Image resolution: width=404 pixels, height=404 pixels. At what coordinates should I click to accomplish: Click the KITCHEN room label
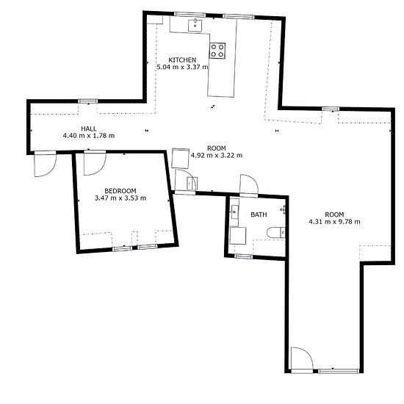182,60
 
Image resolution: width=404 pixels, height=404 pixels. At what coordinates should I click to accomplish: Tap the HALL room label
89,129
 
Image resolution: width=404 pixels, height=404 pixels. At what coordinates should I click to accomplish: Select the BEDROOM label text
120,191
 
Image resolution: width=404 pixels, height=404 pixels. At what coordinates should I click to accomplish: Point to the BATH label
259,214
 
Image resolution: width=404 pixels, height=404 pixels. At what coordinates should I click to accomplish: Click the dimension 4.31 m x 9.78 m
334,222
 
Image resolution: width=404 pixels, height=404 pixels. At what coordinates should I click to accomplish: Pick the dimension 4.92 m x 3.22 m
217,156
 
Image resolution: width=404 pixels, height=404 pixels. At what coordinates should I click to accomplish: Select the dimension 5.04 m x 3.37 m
182,67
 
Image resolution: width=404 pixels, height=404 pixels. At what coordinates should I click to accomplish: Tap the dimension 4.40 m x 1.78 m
89,136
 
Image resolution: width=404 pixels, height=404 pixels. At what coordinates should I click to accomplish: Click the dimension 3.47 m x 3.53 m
120,198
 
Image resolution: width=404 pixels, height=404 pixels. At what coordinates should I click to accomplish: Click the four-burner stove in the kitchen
217,51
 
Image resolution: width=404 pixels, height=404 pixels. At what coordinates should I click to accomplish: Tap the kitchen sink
195,25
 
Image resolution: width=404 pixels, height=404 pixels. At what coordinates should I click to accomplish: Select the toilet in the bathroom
275,233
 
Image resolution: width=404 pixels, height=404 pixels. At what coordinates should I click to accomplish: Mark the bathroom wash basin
234,212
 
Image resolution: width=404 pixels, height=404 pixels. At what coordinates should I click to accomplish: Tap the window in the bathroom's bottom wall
243,256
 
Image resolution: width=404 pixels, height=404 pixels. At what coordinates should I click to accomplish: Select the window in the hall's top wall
88,101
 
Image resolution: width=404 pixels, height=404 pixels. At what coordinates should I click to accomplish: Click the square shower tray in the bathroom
237,236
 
